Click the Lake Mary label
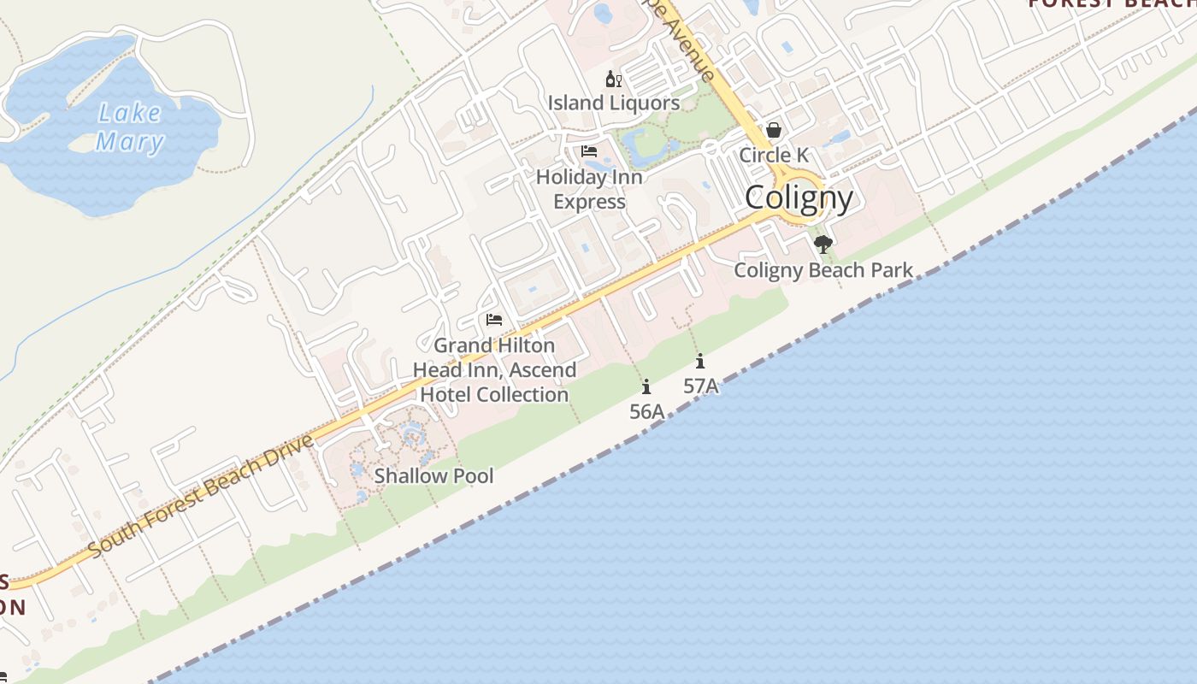click(129, 127)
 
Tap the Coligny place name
click(799, 198)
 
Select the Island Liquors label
click(614, 103)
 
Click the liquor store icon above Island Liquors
click(613, 80)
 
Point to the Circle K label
click(774, 156)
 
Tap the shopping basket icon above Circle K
click(774, 130)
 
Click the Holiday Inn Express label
click(589, 190)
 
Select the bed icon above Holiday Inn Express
click(589, 152)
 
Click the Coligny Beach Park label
click(823, 271)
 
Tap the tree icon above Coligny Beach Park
click(823, 245)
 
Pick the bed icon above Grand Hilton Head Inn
click(494, 320)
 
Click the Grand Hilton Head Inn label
click(494, 370)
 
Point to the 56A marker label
click(646, 411)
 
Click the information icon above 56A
click(646, 386)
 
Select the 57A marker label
click(700, 386)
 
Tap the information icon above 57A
click(700, 361)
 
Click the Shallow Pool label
click(433, 476)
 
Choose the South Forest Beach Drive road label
click(202, 496)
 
